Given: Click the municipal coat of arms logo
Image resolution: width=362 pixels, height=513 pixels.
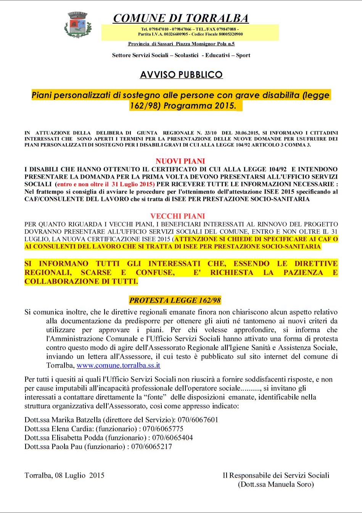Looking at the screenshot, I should tap(78, 25).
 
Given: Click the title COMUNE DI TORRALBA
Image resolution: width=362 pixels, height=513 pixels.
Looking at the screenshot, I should tap(181, 18).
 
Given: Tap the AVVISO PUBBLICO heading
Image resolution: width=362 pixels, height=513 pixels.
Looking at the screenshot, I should tap(181, 75).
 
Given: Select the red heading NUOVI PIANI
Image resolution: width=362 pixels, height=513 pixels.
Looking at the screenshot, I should tap(180, 161).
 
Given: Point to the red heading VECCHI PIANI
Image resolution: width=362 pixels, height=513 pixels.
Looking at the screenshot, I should tap(178, 216).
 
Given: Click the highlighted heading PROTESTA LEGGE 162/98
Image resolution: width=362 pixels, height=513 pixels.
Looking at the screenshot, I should tap(175, 300).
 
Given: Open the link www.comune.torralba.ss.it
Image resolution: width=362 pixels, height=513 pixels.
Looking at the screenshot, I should tap(118, 365).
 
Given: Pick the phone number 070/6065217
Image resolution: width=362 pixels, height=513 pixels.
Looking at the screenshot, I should tap(151, 446).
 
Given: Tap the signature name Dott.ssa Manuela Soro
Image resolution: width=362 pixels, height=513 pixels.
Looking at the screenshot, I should tap(276, 484).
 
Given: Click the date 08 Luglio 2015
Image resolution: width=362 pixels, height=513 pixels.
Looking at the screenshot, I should tap(79, 475).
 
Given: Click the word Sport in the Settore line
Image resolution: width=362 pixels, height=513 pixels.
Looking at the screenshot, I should tap(243, 55).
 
